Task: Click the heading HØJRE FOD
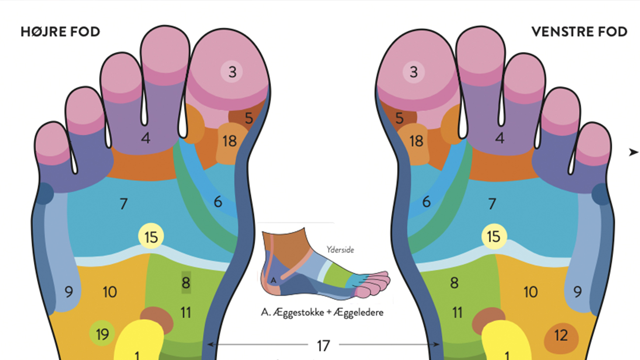[x=60, y=32]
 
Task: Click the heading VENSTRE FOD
[x=579, y=32]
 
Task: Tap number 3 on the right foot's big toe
[x=232, y=72]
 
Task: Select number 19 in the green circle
[x=102, y=334]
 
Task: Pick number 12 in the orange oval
[x=561, y=336]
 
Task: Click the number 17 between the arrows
[x=323, y=346]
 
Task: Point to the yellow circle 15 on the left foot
[x=493, y=237]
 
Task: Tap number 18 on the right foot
[x=229, y=141]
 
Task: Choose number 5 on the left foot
[x=399, y=118]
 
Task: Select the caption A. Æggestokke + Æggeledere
[x=322, y=312]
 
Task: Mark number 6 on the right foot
[x=218, y=201]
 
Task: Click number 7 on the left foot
[x=492, y=203]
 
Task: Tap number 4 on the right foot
[x=145, y=138]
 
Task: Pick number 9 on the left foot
[x=577, y=292]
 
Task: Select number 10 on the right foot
[x=109, y=292]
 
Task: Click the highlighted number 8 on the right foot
[x=186, y=283]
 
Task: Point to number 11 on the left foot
[x=457, y=312]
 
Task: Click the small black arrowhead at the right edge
[x=633, y=153]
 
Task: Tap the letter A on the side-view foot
[x=274, y=281]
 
